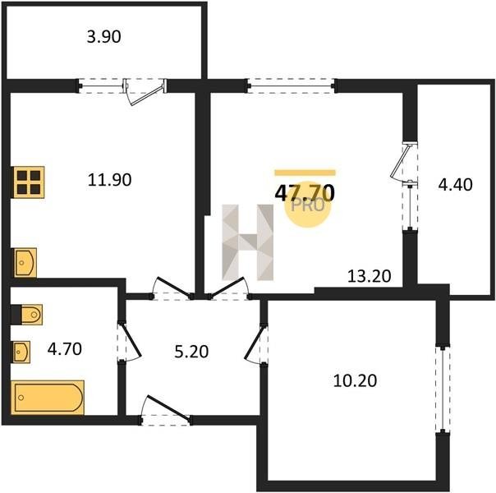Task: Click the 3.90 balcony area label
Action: coord(103,37)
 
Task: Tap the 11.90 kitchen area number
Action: coord(109,180)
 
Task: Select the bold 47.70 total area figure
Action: coord(305,193)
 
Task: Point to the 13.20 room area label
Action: coord(370,276)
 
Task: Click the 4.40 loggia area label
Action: coord(455,185)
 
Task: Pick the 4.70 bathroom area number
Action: coord(65,349)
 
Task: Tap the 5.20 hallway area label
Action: coord(191,352)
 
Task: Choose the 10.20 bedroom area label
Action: coord(355,380)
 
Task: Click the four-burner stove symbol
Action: coord(29,182)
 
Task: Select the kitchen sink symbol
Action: coord(25,263)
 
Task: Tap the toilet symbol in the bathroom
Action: coord(31,315)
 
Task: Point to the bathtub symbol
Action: coord(48,398)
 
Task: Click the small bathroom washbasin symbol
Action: coord(21,352)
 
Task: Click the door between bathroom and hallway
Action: coord(129,342)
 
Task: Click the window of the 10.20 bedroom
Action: coord(443,389)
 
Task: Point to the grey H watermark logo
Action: coord(248,242)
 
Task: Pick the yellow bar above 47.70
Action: coord(305,173)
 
